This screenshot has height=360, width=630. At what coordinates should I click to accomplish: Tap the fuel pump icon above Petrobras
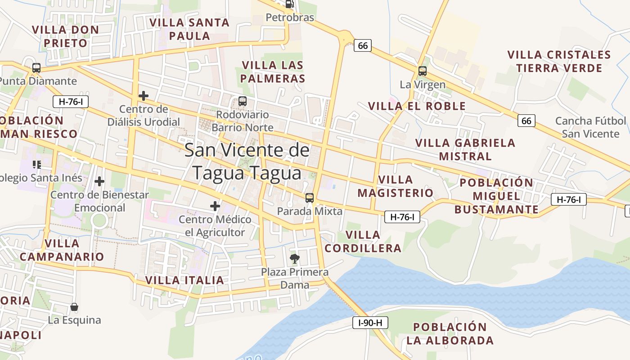pos(290,4)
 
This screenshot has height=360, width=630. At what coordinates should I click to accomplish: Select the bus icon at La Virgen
pos(422,71)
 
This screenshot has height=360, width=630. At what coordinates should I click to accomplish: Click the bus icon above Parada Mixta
pos(309,198)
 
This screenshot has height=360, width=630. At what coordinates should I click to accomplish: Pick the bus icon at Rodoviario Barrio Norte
pos(242,101)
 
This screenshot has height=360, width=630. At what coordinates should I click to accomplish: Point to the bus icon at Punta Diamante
pos(36,68)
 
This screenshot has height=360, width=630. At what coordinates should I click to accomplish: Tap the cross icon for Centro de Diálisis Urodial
pos(144,96)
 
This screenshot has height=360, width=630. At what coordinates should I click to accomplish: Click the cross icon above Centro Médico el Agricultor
pos(215,206)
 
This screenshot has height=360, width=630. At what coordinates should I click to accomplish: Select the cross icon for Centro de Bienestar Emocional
pos(99,181)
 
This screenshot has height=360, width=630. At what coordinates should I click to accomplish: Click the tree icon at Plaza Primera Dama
pos(295,259)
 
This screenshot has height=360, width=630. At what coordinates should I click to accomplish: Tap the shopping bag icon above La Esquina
pos(74,307)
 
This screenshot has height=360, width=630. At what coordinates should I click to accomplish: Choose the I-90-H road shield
pos(370,323)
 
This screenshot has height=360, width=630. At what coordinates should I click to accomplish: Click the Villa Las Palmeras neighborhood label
pos(273,72)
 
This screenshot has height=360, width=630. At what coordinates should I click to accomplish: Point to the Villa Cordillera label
pos(363,242)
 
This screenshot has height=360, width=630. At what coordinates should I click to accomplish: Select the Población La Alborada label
pos(450,333)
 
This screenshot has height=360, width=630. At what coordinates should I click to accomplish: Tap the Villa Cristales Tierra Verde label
pos(559,62)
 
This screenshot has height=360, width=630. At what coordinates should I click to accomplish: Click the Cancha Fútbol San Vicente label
pos(590,127)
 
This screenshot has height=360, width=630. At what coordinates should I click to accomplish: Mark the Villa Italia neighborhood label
pos(184,280)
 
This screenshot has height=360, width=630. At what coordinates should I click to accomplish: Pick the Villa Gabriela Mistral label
pos(465,149)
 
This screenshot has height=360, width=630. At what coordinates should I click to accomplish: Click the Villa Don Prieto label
pos(65,36)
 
